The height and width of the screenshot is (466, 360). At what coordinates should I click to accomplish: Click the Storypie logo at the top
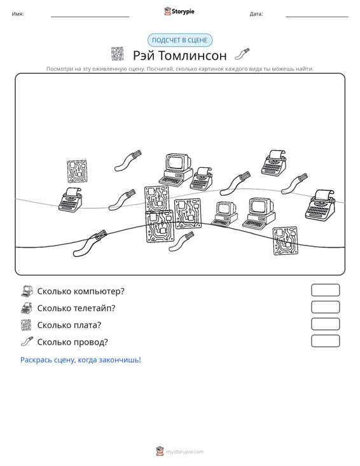(179, 11)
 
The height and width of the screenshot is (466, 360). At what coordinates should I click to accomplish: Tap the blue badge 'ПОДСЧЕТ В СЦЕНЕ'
(180, 40)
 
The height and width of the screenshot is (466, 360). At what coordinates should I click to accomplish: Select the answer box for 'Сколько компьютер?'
(325, 290)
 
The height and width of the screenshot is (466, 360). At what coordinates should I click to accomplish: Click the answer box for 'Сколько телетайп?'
(325, 307)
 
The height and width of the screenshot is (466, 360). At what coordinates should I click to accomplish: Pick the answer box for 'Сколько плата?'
(325, 324)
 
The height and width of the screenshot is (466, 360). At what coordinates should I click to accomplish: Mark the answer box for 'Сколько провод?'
(325, 341)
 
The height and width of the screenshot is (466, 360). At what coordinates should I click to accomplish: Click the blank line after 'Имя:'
(90, 17)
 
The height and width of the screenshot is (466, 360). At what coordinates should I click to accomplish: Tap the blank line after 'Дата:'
(317, 17)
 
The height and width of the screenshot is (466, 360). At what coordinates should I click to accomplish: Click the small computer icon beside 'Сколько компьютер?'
(27, 291)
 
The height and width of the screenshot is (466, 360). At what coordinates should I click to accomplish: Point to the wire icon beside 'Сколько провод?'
(27, 342)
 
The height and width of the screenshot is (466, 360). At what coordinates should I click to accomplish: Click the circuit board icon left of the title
(117, 54)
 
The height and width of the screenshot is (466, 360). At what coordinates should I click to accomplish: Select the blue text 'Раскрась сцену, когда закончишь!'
(81, 360)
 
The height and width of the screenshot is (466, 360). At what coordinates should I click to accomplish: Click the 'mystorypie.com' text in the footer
(185, 452)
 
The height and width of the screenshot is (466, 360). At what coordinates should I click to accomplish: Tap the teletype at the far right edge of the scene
(320, 205)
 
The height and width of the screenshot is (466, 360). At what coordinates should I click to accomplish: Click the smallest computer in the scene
(225, 214)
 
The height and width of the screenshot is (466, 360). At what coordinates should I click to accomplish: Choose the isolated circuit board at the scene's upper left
(77, 172)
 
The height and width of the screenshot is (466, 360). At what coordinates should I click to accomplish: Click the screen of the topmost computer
(177, 162)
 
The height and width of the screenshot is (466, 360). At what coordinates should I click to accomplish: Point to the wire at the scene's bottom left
(90, 243)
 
